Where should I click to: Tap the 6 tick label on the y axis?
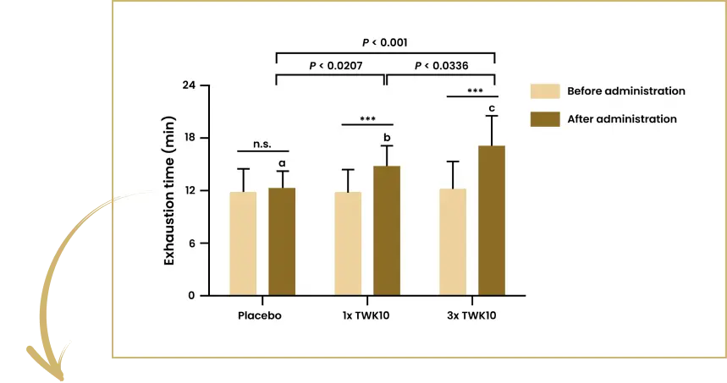pyautogui.click(x=191, y=243)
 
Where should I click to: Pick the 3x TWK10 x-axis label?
pyautogui.click(x=471, y=317)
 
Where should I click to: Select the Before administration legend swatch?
pyautogui.click(x=544, y=91)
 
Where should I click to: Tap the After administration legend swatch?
pyautogui.click(x=544, y=119)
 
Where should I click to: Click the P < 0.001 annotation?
pyautogui.click(x=387, y=41)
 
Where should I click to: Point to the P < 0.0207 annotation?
pyautogui.click(x=336, y=66)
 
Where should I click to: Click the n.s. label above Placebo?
pyautogui.click(x=262, y=144)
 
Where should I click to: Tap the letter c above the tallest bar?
pyautogui.click(x=492, y=107)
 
